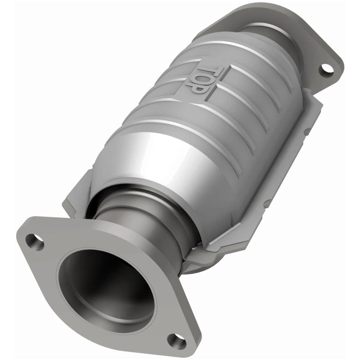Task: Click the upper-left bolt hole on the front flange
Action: [x=34, y=242]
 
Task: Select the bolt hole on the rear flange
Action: [x=327, y=69]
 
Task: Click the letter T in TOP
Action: [x=218, y=72]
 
